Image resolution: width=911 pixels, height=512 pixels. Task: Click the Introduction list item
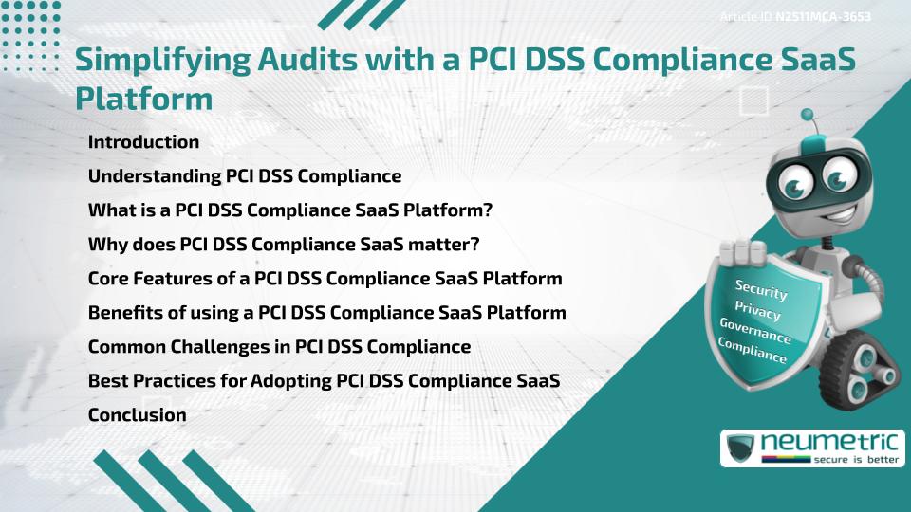[x=143, y=142]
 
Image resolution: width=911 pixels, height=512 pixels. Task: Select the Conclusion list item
[x=137, y=414]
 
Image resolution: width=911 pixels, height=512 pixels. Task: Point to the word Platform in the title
[x=143, y=99]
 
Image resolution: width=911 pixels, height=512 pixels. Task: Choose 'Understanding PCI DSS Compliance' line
[x=245, y=176]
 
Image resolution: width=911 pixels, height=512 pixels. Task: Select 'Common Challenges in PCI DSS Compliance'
[x=279, y=347]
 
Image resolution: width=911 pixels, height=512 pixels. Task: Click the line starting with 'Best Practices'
[x=323, y=381]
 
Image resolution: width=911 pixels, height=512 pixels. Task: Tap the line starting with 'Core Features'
[x=325, y=279]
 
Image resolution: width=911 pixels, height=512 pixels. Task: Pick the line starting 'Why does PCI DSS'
[x=284, y=245]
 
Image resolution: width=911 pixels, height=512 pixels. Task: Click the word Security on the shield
[x=761, y=290]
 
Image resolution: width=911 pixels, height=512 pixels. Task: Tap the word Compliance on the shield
[x=753, y=350]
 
